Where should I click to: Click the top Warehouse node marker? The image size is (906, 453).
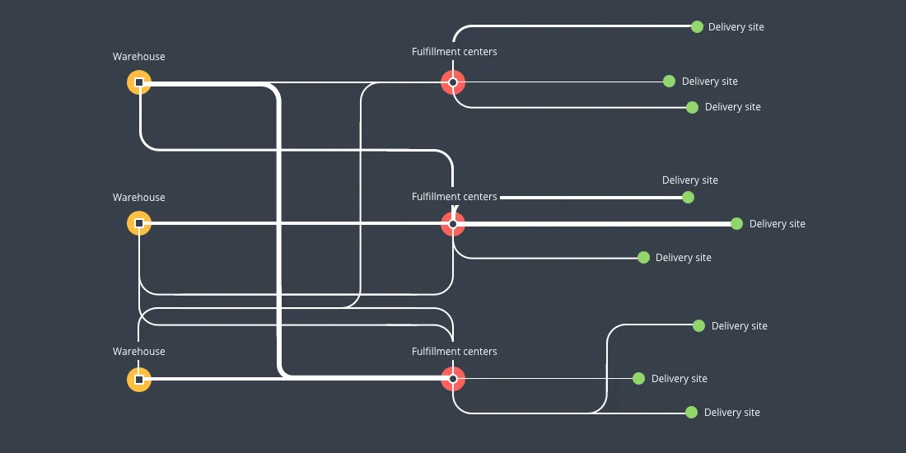(139, 82)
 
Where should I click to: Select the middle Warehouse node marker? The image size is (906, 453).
(139, 223)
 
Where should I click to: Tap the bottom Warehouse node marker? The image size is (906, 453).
(139, 380)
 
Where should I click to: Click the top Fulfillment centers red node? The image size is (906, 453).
(453, 82)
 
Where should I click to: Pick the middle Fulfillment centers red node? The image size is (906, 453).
(453, 223)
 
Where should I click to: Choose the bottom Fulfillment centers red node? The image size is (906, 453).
(453, 379)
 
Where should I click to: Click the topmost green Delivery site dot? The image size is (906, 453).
(697, 26)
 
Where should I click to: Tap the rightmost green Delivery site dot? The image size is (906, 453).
(736, 223)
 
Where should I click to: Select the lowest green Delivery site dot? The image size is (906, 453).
(691, 412)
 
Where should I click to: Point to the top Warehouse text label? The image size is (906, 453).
(138, 57)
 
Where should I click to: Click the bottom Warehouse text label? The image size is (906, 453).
(138, 352)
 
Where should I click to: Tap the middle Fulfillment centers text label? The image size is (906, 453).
(454, 198)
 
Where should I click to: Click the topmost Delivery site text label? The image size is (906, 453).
(736, 27)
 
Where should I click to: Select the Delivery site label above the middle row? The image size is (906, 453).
(689, 180)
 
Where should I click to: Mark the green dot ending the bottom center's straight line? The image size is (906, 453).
(638, 378)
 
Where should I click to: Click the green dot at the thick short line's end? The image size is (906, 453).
(688, 197)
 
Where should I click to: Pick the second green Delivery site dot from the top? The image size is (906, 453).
(669, 81)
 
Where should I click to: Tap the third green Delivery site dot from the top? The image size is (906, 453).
(692, 107)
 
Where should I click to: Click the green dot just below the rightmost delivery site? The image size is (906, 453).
(643, 257)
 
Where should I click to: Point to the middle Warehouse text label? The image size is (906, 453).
(138, 198)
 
